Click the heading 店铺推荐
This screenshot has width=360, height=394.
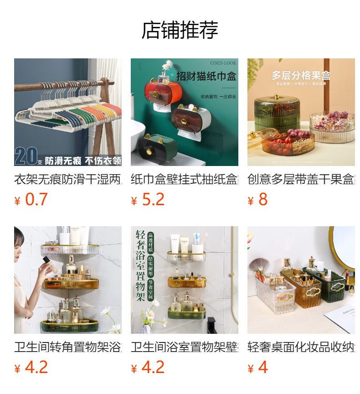180,30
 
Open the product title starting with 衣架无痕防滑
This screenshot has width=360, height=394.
68,179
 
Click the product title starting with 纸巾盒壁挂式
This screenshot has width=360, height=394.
185,179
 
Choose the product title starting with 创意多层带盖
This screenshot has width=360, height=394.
301,179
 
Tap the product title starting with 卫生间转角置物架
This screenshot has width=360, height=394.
68,347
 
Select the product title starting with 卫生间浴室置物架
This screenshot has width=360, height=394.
185,347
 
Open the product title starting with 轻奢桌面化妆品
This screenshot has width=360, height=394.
301,347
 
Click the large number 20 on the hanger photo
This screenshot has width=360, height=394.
26,156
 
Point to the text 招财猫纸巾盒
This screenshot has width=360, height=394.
206,76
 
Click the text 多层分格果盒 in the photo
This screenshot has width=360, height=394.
301,75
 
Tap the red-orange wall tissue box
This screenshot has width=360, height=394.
160,94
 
